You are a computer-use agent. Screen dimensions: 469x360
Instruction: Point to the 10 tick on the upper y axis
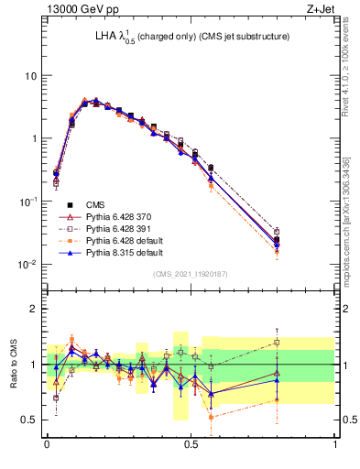tap(30, 75)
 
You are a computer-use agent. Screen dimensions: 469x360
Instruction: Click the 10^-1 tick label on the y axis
tap(27, 202)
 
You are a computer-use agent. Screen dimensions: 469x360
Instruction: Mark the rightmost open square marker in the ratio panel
tap(278, 343)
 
